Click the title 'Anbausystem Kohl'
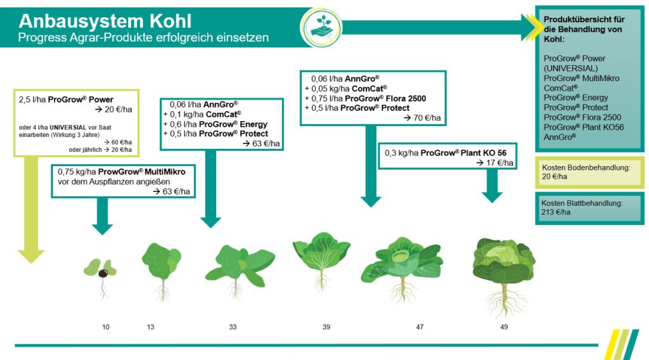(105, 20)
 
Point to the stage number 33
(233, 327)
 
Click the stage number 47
(420, 327)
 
